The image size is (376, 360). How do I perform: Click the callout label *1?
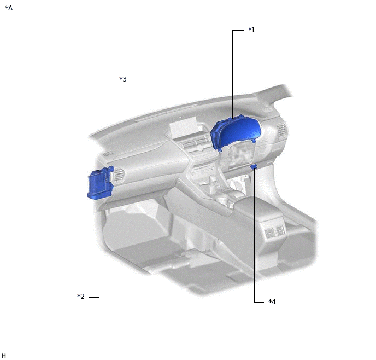(x=251, y=30)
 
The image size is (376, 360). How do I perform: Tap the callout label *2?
(x=81, y=297)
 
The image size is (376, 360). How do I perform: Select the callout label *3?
(x=123, y=79)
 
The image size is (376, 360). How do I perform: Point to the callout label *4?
(x=272, y=301)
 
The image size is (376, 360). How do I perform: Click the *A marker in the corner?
(x=9, y=8)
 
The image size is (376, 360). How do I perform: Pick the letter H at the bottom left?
(x=4, y=356)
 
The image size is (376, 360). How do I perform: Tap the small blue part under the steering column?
(x=254, y=167)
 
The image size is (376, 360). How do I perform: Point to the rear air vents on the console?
(x=274, y=232)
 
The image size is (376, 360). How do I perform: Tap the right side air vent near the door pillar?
(x=281, y=132)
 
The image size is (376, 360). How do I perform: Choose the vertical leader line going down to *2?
(x=99, y=246)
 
